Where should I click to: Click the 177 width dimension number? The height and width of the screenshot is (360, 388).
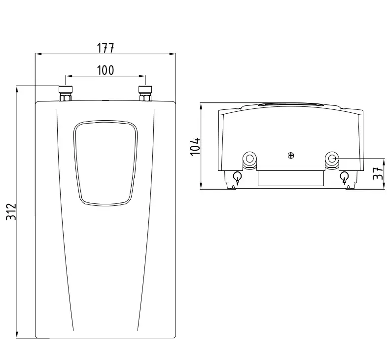pyautogui.click(x=106, y=48)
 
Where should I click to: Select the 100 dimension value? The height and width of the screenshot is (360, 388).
pyautogui.click(x=106, y=70)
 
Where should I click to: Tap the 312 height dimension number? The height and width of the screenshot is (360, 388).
pyautogui.click(x=11, y=212)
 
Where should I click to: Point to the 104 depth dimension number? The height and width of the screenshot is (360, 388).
pyautogui.click(x=195, y=147)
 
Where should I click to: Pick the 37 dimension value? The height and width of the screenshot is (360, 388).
pyautogui.click(x=378, y=173)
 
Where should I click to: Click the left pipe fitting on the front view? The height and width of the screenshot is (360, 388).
pyautogui.click(x=66, y=94)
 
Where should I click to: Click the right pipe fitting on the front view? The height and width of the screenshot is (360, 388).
pyautogui.click(x=145, y=94)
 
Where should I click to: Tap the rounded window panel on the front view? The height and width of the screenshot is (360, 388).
pyautogui.click(x=106, y=163)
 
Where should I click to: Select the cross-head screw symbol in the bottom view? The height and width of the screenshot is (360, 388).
pyautogui.click(x=291, y=156)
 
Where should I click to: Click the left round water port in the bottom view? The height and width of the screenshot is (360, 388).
pyautogui.click(x=249, y=159)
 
